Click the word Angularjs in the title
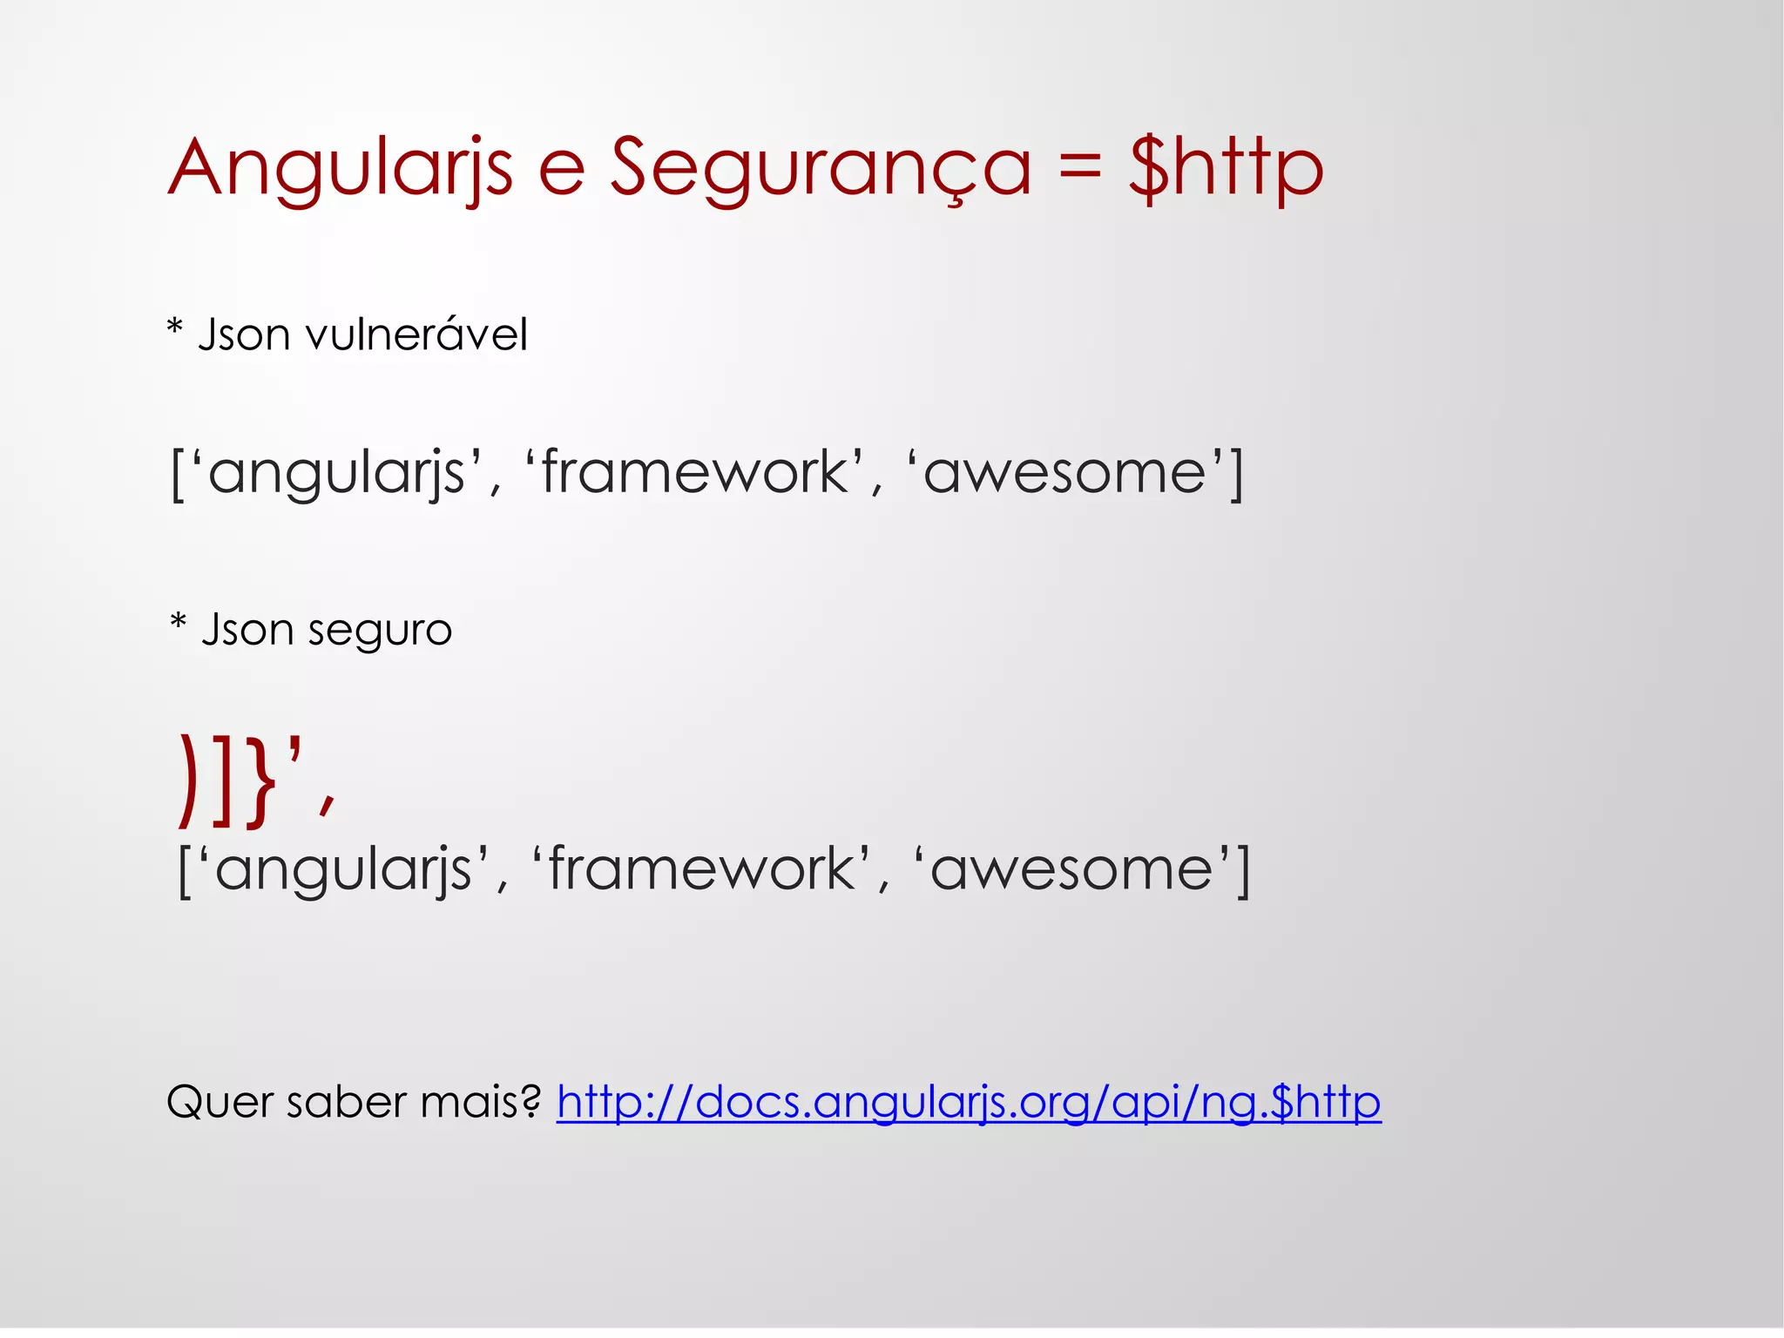click(x=340, y=167)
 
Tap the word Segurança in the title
click(x=820, y=167)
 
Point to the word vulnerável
click(x=416, y=335)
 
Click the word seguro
click(x=380, y=630)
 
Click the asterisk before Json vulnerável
click(x=175, y=329)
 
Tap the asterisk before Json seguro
click(x=179, y=623)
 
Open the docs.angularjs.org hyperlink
click(x=969, y=1103)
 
